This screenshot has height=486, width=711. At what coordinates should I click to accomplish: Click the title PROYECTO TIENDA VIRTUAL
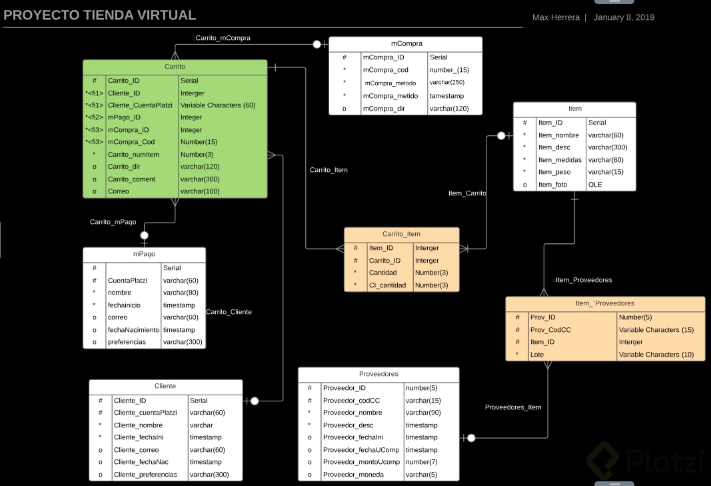click(99, 15)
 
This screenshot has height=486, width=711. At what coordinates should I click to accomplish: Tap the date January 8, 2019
click(624, 17)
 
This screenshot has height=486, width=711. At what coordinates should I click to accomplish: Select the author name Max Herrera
click(556, 17)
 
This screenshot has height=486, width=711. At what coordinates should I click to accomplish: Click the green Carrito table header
click(175, 67)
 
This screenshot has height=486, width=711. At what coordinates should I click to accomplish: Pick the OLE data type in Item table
click(595, 185)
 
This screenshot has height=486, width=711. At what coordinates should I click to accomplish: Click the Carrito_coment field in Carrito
click(131, 179)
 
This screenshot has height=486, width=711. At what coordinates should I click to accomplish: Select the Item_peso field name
click(555, 172)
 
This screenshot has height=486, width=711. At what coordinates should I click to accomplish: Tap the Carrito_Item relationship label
click(329, 170)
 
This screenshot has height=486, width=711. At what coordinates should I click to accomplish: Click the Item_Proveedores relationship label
click(584, 280)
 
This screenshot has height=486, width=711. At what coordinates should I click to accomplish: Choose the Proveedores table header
click(378, 374)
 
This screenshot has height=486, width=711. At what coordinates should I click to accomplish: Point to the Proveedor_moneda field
click(353, 475)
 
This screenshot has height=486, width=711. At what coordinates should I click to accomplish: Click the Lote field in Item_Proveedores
click(537, 355)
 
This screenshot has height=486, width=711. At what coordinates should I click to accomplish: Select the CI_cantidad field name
click(388, 285)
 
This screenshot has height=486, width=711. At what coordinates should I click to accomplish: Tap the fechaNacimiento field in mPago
click(133, 330)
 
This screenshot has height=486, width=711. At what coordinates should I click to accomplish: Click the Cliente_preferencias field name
click(145, 475)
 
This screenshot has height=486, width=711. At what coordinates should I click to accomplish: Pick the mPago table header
click(144, 255)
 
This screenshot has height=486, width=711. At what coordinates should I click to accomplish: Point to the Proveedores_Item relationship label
click(513, 407)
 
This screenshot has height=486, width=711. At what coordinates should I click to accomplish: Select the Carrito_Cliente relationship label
click(229, 312)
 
